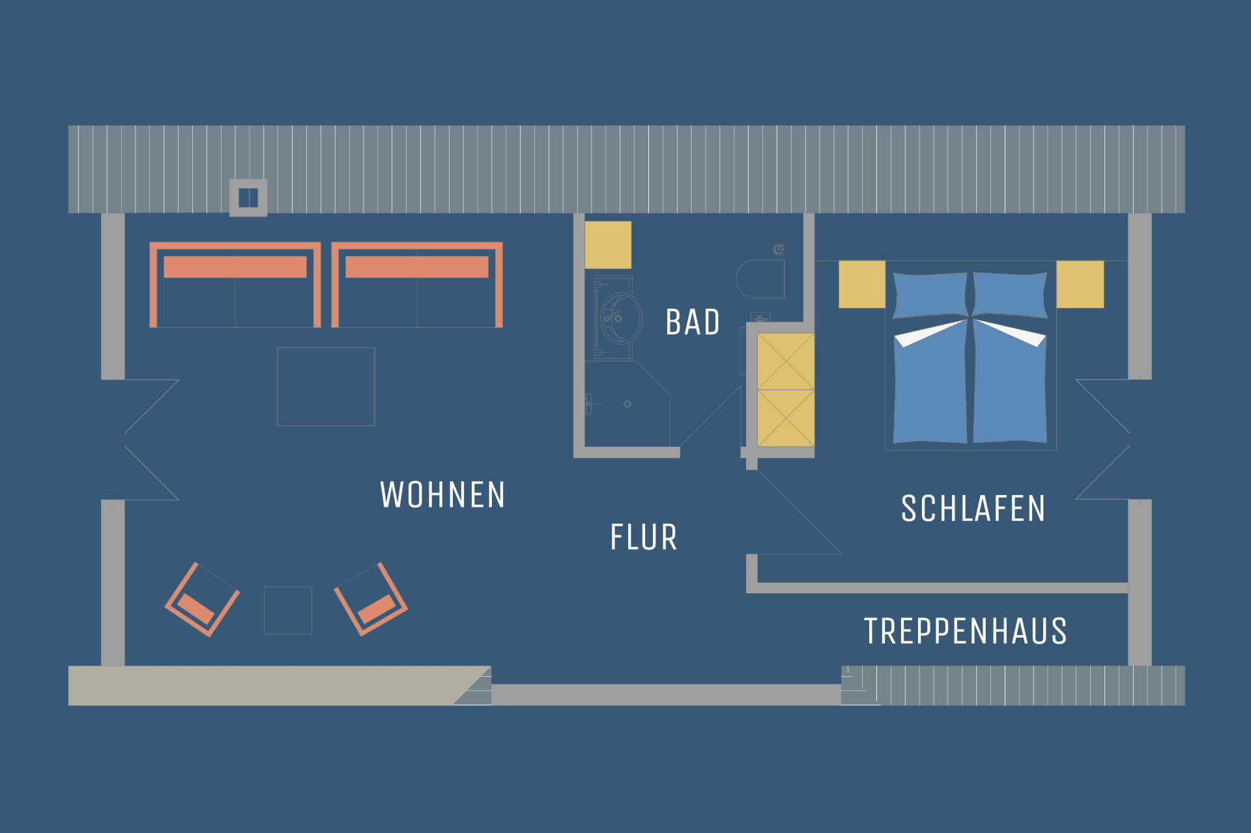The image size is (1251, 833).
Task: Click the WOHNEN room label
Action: point(442,495)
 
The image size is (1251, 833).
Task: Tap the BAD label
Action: point(693,322)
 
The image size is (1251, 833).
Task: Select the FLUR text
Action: point(644,537)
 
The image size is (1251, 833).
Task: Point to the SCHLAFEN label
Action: point(973,509)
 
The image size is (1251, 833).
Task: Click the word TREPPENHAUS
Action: point(966,631)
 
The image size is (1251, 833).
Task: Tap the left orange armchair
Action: point(202,600)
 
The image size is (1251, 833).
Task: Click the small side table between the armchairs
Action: point(288,610)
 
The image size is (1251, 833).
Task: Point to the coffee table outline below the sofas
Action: point(326,387)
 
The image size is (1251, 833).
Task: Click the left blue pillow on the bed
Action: point(930,296)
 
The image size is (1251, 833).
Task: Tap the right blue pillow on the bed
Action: point(1011,295)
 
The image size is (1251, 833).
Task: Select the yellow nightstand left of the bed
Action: point(862,284)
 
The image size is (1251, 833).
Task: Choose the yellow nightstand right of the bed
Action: point(1080,284)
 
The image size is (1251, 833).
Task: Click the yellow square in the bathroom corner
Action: point(608,245)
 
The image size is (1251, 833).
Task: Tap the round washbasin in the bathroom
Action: point(620,318)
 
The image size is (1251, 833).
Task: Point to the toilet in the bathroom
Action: point(760,279)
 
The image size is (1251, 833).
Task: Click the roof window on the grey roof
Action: point(248,197)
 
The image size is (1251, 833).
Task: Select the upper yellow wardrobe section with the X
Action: point(786,361)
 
